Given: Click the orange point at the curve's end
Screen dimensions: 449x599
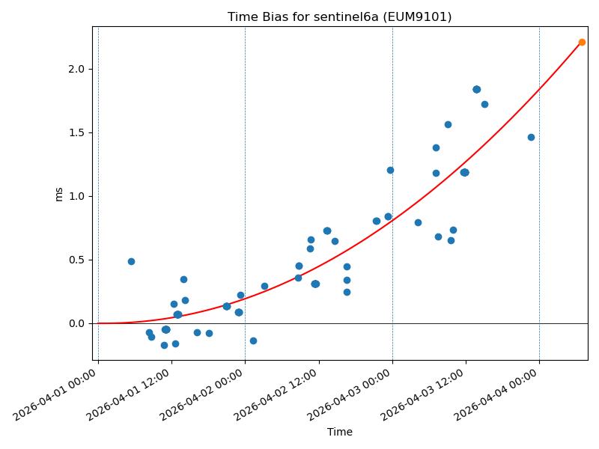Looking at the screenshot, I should point(582,42).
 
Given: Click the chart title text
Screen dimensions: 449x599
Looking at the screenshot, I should point(339,17).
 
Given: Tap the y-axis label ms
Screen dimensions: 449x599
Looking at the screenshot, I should point(59,194).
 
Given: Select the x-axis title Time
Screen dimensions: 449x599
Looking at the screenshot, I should point(339,432).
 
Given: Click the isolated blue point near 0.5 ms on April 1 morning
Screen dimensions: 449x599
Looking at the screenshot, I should point(131,261).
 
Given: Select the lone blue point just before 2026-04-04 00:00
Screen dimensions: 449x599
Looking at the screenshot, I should point(531,137).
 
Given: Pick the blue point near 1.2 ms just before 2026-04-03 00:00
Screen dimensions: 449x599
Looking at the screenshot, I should point(390,170).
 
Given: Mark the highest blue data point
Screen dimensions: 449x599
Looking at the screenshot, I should point(476,89).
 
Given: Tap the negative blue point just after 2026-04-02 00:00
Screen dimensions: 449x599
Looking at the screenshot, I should point(253,340).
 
